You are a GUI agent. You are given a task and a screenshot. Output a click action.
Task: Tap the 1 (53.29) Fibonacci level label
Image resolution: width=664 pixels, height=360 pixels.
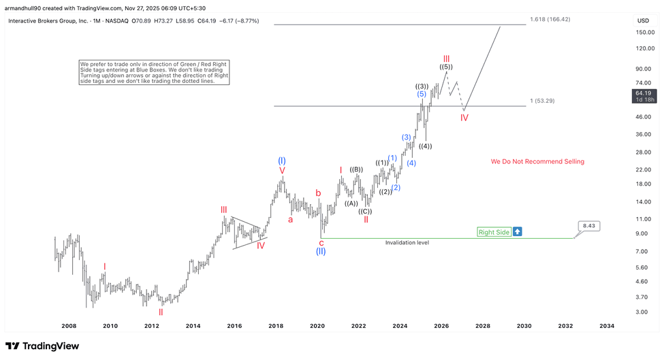[542, 101]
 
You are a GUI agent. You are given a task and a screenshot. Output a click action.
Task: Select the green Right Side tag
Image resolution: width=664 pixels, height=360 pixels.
[494, 232]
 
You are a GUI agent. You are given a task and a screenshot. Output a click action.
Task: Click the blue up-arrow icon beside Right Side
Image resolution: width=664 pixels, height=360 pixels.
[518, 232]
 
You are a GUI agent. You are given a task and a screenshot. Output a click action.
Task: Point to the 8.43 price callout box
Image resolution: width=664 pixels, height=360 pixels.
[590, 225]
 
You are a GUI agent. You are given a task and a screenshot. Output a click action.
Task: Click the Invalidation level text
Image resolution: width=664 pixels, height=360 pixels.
[407, 242]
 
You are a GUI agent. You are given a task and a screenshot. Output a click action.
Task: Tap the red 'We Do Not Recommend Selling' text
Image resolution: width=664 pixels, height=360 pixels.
[537, 161]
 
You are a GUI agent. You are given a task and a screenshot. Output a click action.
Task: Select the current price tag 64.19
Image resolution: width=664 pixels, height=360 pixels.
[644, 93]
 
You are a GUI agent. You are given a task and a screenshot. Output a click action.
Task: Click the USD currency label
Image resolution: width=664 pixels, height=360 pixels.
[643, 20]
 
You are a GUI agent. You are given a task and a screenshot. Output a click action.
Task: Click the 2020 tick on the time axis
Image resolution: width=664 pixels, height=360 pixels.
[317, 326]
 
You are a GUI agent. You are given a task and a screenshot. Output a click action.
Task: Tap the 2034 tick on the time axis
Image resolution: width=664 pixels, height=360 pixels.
[606, 326]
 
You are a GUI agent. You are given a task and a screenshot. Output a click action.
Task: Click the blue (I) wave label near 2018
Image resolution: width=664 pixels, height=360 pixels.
[282, 161]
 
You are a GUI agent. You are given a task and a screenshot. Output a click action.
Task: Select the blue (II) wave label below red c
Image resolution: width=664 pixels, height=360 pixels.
[321, 251]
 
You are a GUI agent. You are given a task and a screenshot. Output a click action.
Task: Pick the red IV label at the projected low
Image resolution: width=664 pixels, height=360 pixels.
[464, 118]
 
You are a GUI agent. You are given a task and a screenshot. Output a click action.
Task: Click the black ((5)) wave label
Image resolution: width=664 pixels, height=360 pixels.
[446, 67]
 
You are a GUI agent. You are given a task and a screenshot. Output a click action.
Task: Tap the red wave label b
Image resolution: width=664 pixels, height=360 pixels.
[317, 193]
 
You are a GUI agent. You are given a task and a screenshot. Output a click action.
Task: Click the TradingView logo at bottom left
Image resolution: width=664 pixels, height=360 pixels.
[42, 346]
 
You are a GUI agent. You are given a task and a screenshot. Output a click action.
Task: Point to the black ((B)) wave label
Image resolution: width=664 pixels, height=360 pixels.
[356, 169]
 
